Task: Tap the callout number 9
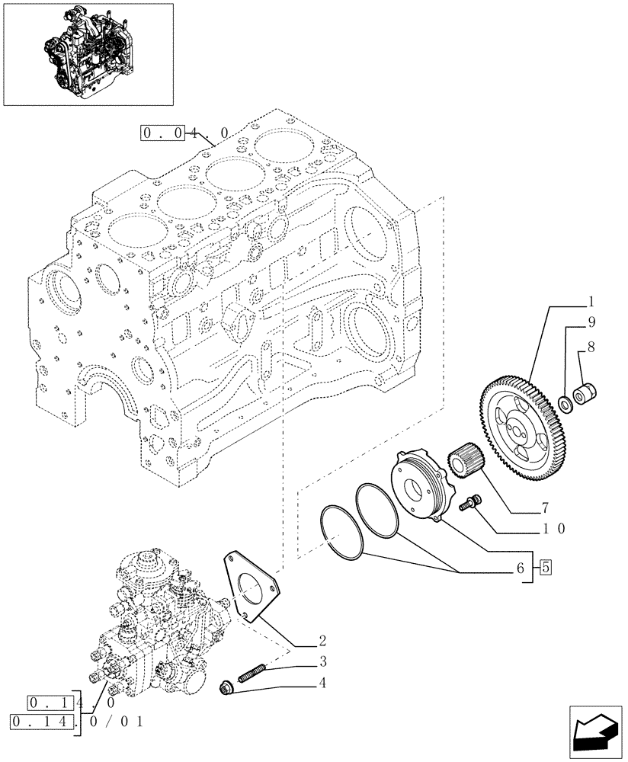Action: click(590, 322)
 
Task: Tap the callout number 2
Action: click(322, 639)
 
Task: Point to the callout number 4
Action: click(322, 684)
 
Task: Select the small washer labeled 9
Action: click(567, 402)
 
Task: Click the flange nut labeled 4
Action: click(227, 688)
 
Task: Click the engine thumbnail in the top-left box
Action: click(88, 53)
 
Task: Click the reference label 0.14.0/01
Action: click(76, 721)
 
